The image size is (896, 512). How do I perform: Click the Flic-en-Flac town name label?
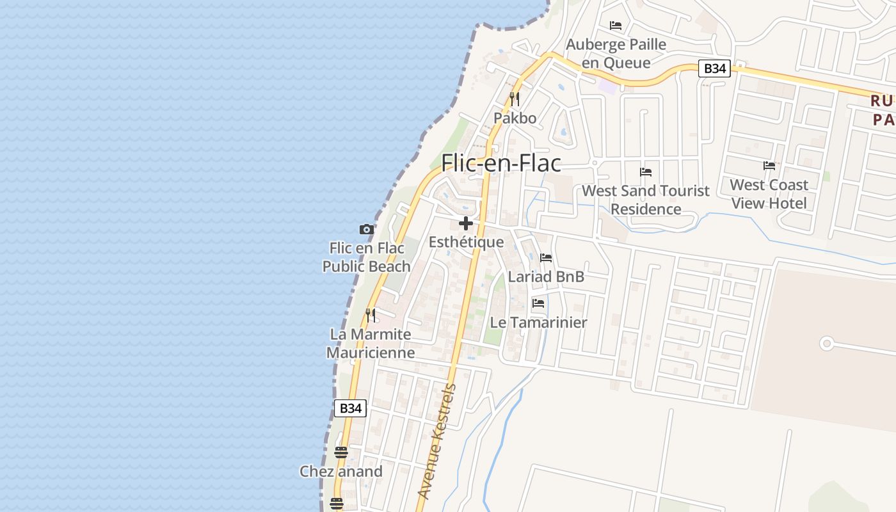(501, 163)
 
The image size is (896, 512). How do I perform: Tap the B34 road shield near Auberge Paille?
(714, 68)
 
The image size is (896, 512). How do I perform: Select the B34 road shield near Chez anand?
(351, 408)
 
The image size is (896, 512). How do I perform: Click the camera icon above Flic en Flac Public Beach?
(366, 229)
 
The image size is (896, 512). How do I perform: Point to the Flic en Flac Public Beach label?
(367, 257)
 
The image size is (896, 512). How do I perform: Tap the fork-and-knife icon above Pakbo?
(515, 99)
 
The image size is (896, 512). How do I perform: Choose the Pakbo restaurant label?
(515, 118)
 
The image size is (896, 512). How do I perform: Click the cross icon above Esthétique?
(466, 223)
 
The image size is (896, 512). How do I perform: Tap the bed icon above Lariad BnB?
(546, 258)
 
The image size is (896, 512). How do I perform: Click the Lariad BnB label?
(546, 276)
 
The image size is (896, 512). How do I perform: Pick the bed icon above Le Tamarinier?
(538, 303)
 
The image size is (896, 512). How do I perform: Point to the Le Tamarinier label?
(538, 323)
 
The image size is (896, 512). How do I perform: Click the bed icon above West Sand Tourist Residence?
(646, 172)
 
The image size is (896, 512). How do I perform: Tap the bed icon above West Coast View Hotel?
(769, 166)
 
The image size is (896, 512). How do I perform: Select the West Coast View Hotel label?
(769, 194)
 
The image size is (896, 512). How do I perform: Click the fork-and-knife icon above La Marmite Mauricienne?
(371, 316)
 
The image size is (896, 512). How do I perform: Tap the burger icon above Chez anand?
(341, 452)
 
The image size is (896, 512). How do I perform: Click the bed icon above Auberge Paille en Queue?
(616, 26)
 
